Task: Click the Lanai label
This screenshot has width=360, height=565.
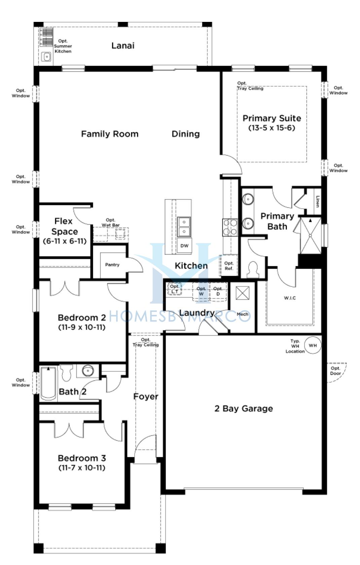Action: click(x=123, y=46)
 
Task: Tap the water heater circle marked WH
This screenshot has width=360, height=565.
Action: click(x=313, y=345)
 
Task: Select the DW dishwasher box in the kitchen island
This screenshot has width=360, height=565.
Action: click(x=184, y=246)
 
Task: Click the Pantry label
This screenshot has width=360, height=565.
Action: click(x=112, y=265)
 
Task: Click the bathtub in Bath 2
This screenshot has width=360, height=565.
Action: click(x=48, y=384)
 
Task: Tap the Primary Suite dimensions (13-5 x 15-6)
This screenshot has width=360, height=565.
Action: click(x=272, y=128)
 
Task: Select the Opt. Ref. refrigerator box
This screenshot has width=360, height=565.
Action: click(x=228, y=266)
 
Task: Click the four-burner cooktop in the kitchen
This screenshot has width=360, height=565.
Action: click(x=230, y=227)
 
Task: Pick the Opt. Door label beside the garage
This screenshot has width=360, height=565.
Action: click(x=335, y=371)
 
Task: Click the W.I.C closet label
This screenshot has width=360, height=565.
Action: click(x=290, y=298)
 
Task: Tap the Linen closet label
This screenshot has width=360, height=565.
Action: click(x=317, y=202)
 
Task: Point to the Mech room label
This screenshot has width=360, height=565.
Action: click(x=243, y=314)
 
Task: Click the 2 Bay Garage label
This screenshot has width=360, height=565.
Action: click(x=244, y=409)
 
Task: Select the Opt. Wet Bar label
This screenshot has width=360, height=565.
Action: click(x=111, y=223)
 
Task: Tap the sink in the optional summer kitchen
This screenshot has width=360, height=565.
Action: click(x=47, y=57)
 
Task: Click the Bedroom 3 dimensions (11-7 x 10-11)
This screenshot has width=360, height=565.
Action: click(x=82, y=468)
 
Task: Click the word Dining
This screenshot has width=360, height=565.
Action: click(x=186, y=134)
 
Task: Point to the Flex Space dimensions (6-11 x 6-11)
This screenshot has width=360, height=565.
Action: click(x=65, y=241)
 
